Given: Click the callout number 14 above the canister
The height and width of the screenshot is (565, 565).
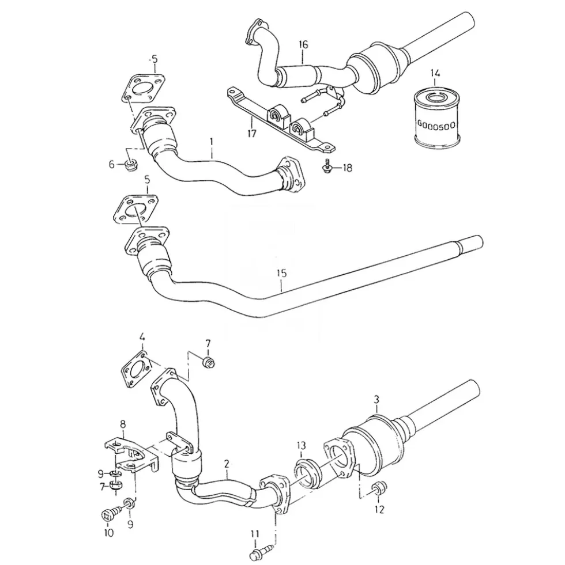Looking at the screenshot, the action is (x=435, y=74).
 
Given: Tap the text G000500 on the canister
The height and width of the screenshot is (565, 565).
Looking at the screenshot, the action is (x=436, y=125).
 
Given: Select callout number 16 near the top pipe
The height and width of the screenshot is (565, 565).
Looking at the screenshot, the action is (x=303, y=45).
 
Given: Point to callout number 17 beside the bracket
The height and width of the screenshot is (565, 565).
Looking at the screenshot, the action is (x=251, y=133).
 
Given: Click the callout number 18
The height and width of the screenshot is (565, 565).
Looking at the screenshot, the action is (x=347, y=168).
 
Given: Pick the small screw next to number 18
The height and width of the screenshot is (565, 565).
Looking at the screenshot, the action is (x=327, y=165).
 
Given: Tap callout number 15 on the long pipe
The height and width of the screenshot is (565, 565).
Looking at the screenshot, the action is (x=281, y=274).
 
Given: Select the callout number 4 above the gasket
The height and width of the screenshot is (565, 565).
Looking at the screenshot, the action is (x=142, y=338).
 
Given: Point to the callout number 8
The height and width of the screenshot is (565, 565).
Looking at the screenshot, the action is (x=123, y=424).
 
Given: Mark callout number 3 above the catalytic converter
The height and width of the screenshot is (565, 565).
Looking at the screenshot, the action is (x=376, y=400).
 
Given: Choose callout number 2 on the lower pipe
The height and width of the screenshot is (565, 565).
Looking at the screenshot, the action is (x=226, y=464).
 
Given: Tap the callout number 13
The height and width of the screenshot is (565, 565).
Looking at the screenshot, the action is (x=301, y=446).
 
